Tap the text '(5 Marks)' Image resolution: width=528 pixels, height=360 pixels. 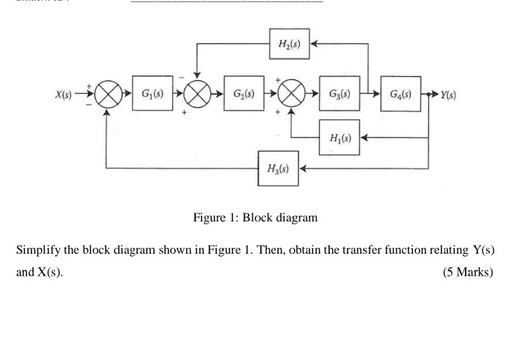pos(469,272)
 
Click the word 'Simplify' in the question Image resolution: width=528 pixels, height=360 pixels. pos(38,251)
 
